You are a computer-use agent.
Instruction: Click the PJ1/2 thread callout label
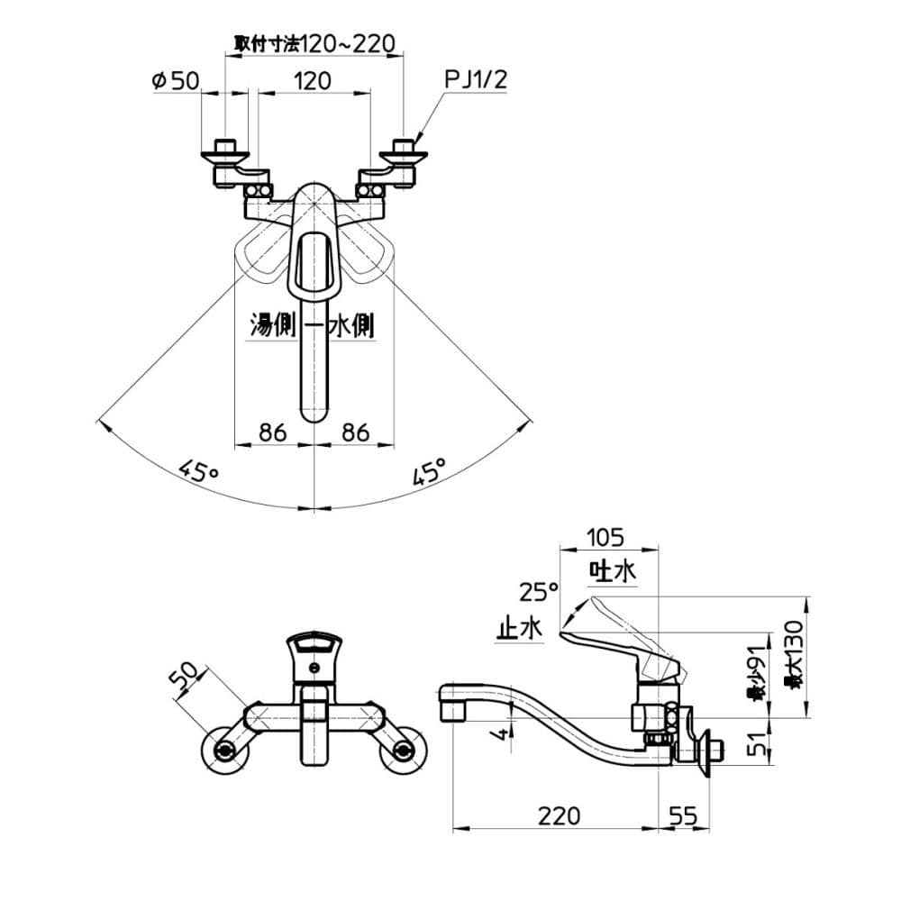pos(477,79)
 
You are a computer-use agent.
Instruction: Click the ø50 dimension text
pos(176,80)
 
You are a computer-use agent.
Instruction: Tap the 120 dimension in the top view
pos(313,81)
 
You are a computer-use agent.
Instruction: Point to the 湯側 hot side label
pos(272,326)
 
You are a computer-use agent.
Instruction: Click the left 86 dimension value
pos(272,432)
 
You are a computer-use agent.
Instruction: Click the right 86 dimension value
pos(356,432)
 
